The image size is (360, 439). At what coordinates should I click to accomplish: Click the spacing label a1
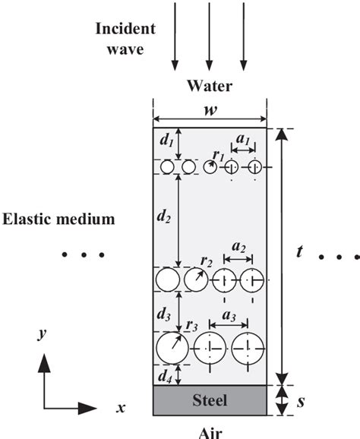point(242,141)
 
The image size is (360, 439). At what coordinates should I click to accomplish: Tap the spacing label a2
point(237,248)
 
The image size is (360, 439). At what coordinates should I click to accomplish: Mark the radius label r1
point(218,155)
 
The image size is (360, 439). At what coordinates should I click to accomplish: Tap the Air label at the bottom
point(209,430)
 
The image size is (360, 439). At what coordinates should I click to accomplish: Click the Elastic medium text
point(58,219)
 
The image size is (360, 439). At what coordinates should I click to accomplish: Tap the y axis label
point(39,335)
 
